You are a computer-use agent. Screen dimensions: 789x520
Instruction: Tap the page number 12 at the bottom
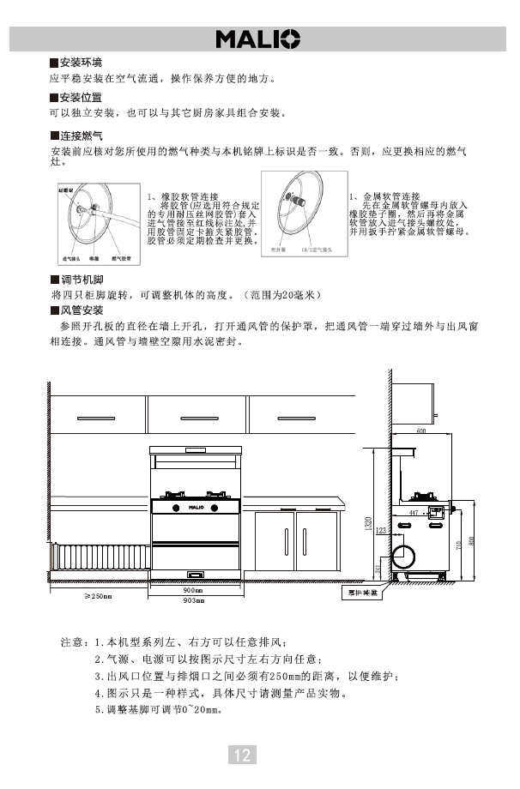[242, 755]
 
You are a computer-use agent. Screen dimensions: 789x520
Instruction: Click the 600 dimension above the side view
[421, 431]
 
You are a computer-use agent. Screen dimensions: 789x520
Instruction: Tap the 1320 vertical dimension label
[368, 522]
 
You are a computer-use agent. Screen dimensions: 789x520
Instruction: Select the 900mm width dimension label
[193, 591]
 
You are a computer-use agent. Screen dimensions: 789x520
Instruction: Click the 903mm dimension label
[193, 600]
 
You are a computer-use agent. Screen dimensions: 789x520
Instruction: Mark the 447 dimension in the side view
[414, 512]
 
